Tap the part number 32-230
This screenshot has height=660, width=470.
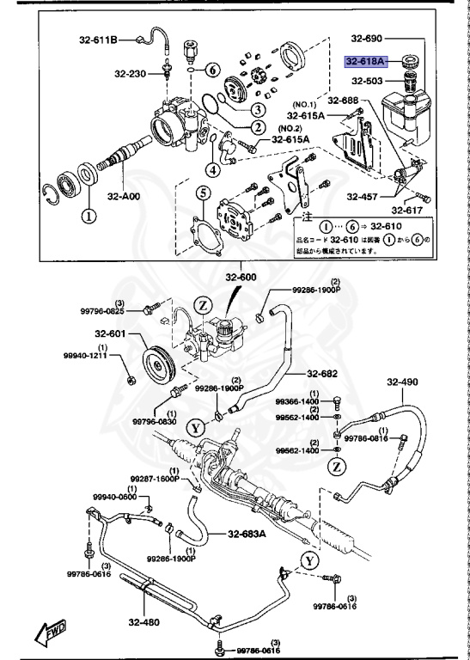point(130,73)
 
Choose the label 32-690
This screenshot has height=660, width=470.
point(367,39)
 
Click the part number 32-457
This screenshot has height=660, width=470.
point(362,196)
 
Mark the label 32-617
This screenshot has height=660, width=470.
point(406,209)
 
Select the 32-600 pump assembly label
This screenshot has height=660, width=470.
point(241,277)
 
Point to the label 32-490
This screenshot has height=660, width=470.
point(401,382)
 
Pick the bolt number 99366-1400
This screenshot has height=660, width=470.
point(296,401)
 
